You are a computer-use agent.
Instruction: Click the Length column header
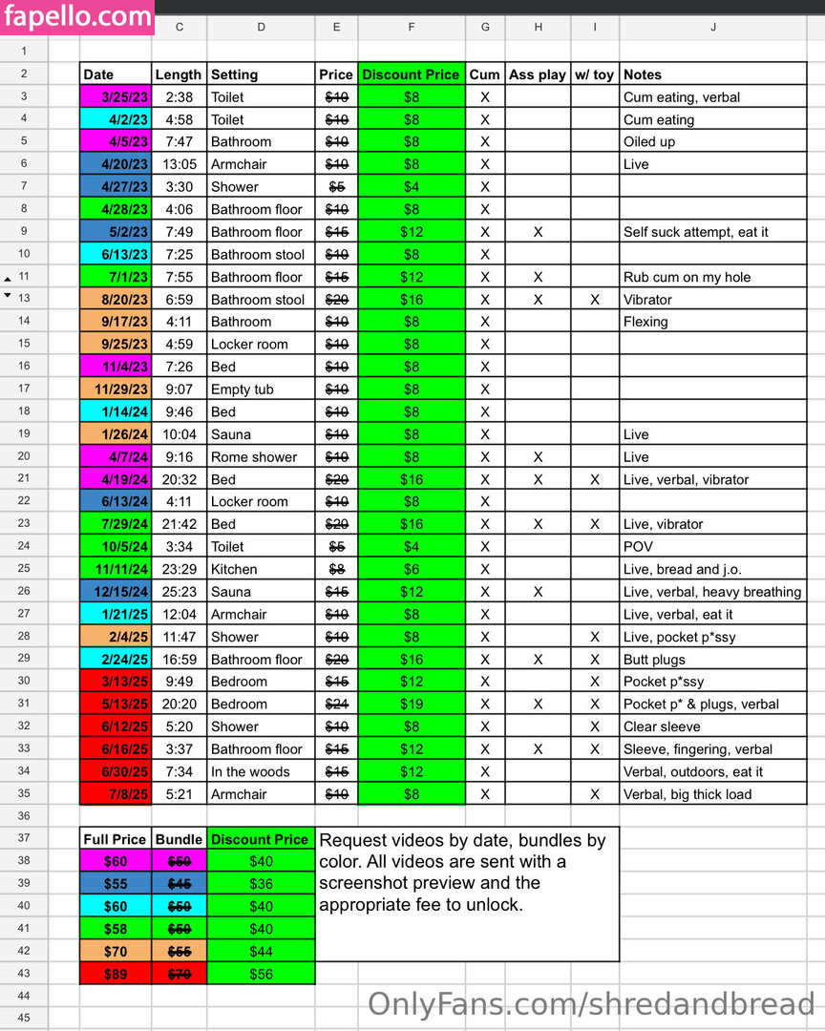pos(179,74)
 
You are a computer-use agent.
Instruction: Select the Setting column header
pos(234,74)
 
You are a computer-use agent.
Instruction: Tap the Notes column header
pos(643,74)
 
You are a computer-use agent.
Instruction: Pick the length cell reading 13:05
pos(179,164)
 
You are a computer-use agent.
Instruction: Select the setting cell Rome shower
pos(254,457)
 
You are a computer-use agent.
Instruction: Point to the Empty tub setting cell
pos(243,389)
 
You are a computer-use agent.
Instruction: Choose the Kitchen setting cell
pos(234,570)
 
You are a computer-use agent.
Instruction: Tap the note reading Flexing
pos(645,322)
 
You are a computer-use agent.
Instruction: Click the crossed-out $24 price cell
pos(336,705)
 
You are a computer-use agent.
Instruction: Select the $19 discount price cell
pos(411,705)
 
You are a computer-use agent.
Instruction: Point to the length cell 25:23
pos(179,592)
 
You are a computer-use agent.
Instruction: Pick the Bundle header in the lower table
pos(179,840)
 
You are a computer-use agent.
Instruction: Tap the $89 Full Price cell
pos(115,975)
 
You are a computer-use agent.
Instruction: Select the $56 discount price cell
pos(260,975)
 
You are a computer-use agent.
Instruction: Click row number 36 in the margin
pos(24,817)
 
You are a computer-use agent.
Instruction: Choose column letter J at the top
pos(713,28)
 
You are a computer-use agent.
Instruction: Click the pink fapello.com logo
pos(76,16)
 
